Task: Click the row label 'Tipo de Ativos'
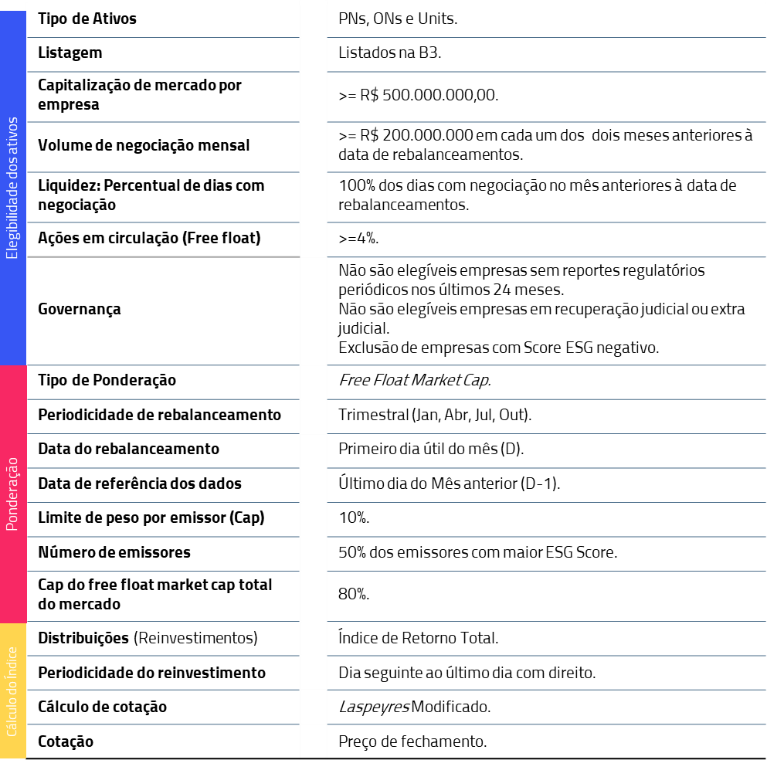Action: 87,19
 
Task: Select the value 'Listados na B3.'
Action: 389,53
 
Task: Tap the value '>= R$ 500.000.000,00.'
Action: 418,96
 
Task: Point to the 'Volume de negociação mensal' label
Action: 144,145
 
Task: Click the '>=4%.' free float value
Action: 358,239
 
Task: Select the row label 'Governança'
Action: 80,309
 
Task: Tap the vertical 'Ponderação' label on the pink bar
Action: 12,494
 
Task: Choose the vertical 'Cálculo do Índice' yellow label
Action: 12,690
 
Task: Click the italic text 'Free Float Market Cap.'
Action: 415,380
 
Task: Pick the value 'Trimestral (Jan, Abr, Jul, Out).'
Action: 435,415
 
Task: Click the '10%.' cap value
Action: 354,517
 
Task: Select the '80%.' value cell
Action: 354,594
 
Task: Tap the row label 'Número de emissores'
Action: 114,552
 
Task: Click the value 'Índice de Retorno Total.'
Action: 418,638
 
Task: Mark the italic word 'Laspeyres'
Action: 373,707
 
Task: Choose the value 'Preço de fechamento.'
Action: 412,741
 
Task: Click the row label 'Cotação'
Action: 66,741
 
